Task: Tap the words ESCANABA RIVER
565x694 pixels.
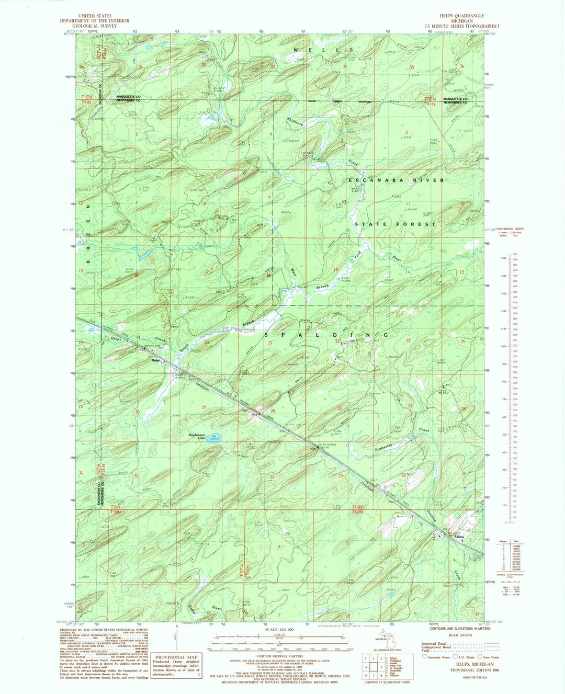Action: point(397,180)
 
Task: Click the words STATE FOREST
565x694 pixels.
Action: point(395,224)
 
